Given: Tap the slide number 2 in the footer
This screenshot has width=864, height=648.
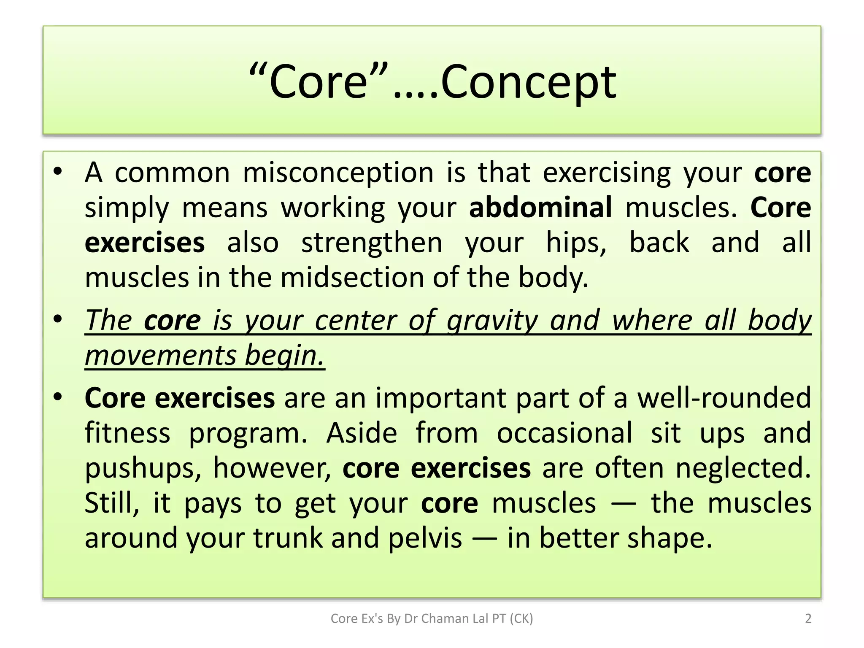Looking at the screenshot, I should (808, 618).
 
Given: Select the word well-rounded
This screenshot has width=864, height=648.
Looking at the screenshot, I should (724, 398).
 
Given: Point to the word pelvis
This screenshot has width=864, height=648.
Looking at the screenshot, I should (425, 538).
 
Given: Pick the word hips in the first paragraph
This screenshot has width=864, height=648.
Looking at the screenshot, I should (576, 243).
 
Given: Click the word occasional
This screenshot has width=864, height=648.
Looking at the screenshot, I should (564, 433).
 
